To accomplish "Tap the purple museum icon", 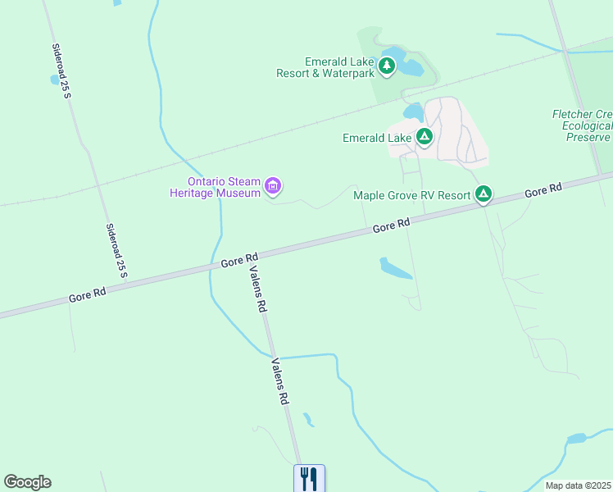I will coord(274,188).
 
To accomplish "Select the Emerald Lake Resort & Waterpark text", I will coord(339,67).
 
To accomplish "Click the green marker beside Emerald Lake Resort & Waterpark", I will coord(387,67).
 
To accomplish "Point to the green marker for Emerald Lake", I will coord(425,137).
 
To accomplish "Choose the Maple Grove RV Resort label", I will coord(411,195).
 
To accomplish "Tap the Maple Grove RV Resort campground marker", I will coord(484,194).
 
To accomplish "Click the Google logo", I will coord(27,482).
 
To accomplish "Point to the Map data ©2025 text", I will coord(579,485).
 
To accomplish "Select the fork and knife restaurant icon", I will coord(309,478).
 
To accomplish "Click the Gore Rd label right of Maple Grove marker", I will coord(543,190).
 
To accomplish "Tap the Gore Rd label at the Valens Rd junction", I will coord(239,260).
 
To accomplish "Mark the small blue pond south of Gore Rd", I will coord(395,268).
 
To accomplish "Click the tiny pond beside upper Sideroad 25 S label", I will coord(56,80).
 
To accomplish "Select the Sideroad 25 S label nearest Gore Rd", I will coord(117,248).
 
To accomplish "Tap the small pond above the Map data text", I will coord(577,439).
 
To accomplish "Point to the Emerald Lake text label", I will coord(377,139).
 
